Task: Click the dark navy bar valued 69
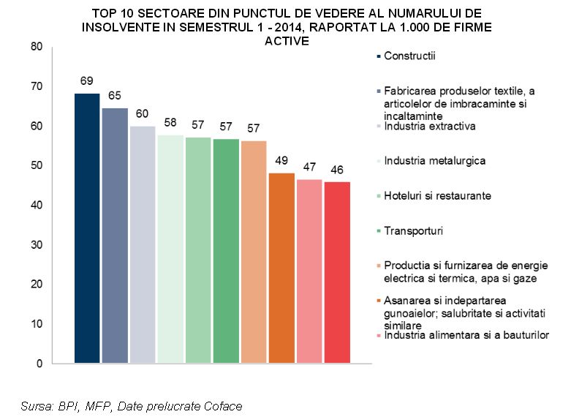tap(87, 228)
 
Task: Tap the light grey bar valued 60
tap(143, 244)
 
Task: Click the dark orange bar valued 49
tap(281, 268)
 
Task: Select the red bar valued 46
tap(337, 272)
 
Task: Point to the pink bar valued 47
tap(309, 271)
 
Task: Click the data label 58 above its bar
tap(170, 122)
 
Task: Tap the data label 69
tap(87, 79)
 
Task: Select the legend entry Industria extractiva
tap(430, 126)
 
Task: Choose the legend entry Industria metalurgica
tap(434, 161)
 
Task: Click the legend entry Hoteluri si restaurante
tap(437, 196)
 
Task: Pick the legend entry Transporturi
tap(413, 231)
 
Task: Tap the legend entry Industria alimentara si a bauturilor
tap(466, 335)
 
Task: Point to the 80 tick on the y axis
tap(37, 47)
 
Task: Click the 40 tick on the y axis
tap(37, 205)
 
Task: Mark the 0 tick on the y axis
tap(39, 363)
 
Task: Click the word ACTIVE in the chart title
tap(287, 41)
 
